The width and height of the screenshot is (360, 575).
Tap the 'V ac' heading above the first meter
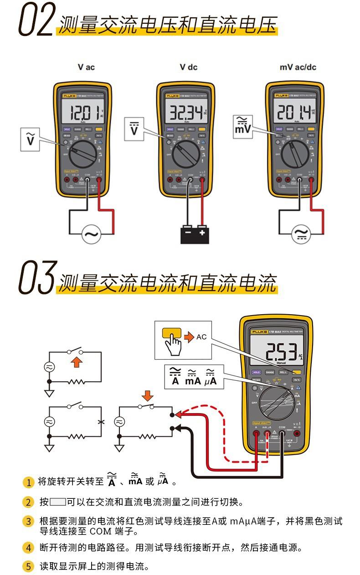86,67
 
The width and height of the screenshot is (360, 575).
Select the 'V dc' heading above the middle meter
188,67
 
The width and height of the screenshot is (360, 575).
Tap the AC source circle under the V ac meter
91,235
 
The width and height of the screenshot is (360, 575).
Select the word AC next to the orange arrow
201,337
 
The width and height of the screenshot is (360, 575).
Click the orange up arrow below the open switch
78,363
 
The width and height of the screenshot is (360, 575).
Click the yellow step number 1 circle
28,482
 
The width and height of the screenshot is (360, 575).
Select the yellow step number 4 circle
28,548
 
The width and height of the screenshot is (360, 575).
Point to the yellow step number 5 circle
28,567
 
